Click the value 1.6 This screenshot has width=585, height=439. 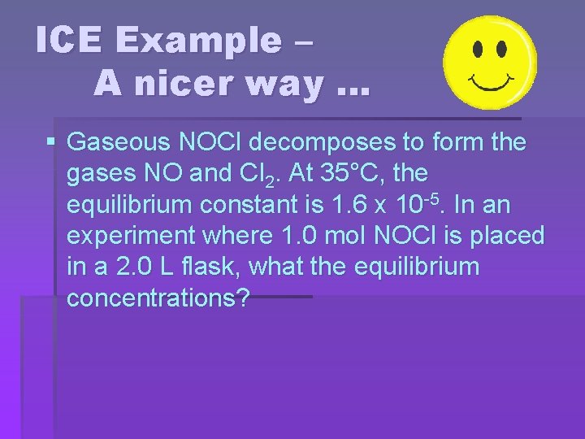point(383,205)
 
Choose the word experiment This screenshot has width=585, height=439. point(127,237)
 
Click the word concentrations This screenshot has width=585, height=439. point(158,298)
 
